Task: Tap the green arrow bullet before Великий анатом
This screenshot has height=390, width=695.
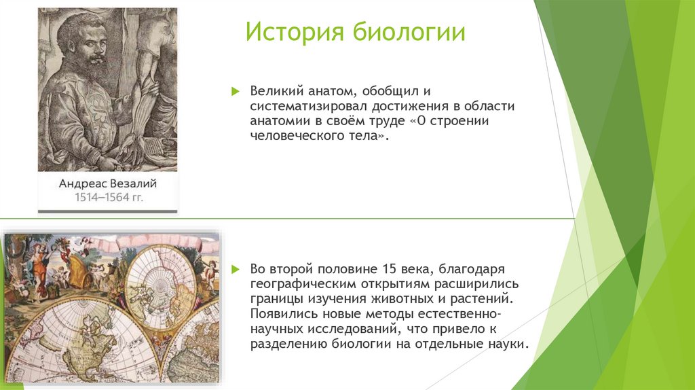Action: pyautogui.click(x=236, y=91)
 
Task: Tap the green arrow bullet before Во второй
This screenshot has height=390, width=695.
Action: pyautogui.click(x=236, y=270)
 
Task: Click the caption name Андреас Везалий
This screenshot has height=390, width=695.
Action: pyautogui.click(x=107, y=183)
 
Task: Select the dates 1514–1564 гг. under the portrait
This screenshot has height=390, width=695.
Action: pyautogui.click(x=107, y=198)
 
